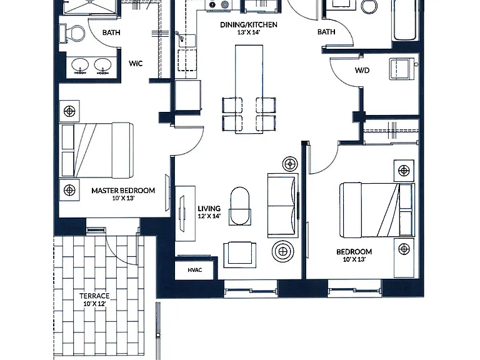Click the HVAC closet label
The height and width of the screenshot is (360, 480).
pyautogui.click(x=195, y=270)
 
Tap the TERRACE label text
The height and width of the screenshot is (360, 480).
pyautogui.click(x=94, y=296)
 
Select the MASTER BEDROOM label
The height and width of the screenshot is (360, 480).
pyautogui.click(x=123, y=191)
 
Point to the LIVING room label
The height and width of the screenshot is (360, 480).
pyautogui.click(x=209, y=209)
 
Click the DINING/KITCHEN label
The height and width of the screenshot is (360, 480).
pyautogui.click(x=249, y=25)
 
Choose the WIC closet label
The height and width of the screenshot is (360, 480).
pyautogui.click(x=136, y=63)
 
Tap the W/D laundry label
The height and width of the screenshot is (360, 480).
pyautogui.click(x=362, y=71)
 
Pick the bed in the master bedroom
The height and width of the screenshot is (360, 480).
pyautogui.click(x=97, y=150)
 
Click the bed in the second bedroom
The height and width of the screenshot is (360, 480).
pyautogui.click(x=377, y=210)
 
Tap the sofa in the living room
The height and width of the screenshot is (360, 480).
pyautogui.click(x=283, y=206)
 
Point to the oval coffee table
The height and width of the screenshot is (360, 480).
pyautogui.click(x=240, y=206)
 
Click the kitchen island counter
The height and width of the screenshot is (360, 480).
pyautogui.click(x=249, y=89)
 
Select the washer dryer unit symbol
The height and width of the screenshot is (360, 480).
pyautogui.click(x=401, y=69)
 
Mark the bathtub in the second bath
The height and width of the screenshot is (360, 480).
pyautogui.click(x=405, y=20)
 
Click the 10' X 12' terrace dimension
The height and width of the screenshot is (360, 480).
pyautogui.click(x=94, y=304)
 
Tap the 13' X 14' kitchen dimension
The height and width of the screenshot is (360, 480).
pyautogui.click(x=249, y=32)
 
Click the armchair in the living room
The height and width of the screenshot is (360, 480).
pyautogui.click(x=240, y=255)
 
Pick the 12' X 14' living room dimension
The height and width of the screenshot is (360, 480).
pyautogui.click(x=209, y=216)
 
